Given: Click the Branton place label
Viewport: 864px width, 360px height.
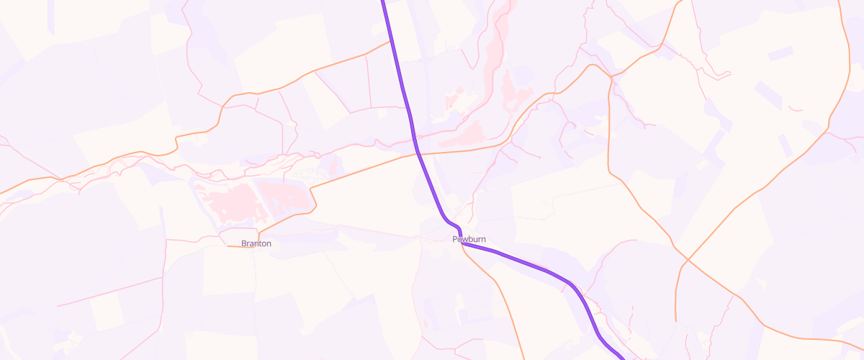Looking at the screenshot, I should click(256, 243).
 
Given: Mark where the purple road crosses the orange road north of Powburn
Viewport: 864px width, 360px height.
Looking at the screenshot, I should click(418, 153).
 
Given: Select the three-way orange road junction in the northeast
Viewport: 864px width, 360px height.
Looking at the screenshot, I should click(611, 76).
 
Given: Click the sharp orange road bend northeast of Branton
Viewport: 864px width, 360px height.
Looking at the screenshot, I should click(311, 189).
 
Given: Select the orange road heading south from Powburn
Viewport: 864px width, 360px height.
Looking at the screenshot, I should click(504, 295).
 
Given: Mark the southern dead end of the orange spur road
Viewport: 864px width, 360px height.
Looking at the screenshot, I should click(676, 320).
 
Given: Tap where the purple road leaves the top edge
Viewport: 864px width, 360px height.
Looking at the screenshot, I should click(382, 2).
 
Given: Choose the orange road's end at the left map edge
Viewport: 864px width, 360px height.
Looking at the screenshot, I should click(2, 193).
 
